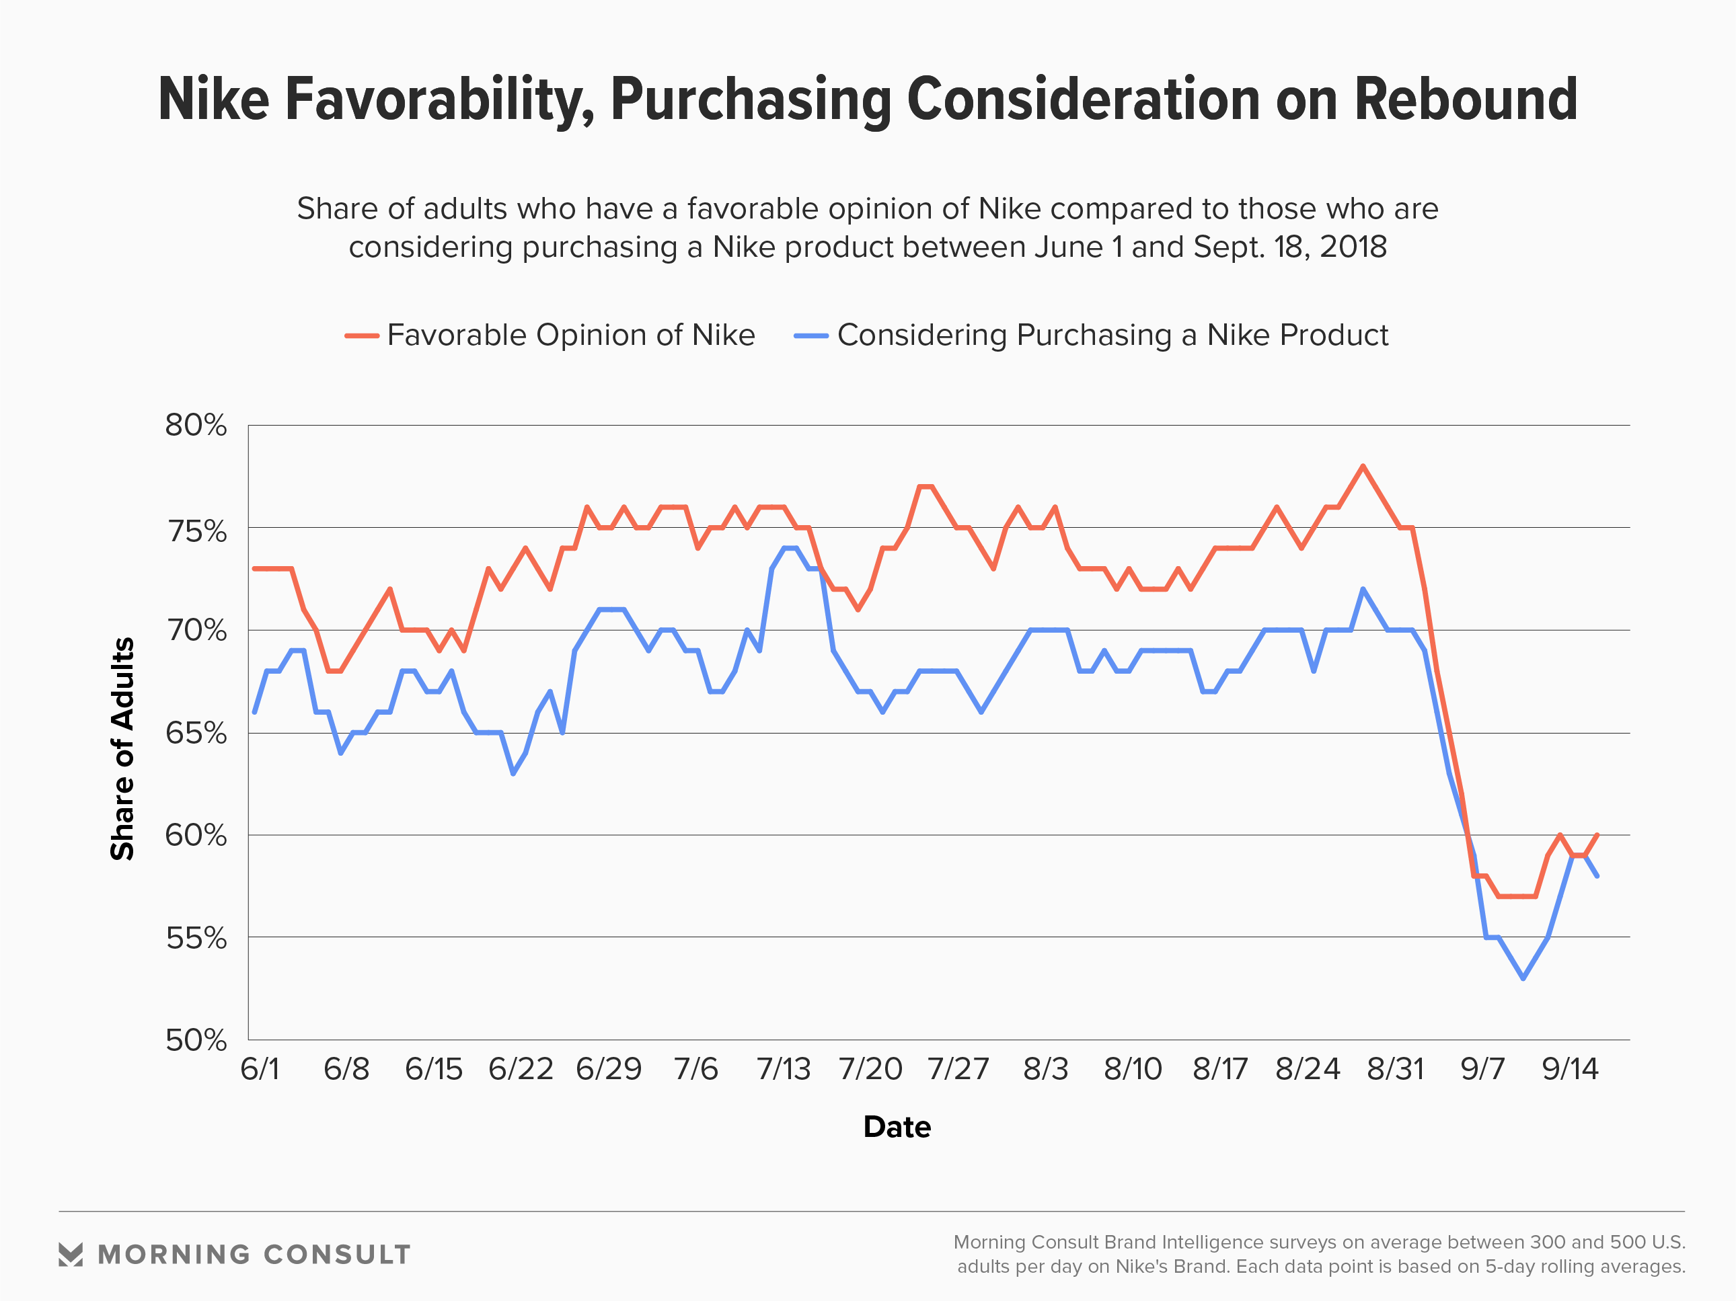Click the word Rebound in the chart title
point(1465,100)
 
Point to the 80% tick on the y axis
point(196,426)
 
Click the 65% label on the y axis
point(196,733)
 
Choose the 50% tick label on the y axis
point(196,1041)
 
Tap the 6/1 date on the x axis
point(260,1069)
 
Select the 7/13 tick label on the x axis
point(783,1069)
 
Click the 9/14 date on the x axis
point(1570,1069)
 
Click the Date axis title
point(897,1127)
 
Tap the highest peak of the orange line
point(1363,466)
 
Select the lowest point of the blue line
point(1523,978)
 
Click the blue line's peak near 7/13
point(790,548)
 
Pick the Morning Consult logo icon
point(71,1255)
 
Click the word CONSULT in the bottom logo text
point(337,1255)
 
